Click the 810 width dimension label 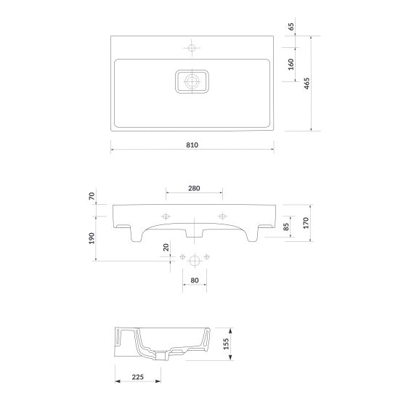(192, 145)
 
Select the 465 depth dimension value (307, 84)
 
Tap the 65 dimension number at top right (291, 26)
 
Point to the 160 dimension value (291, 64)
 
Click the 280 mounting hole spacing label (194, 188)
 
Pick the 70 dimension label (92, 196)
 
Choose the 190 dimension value (92, 238)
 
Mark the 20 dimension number (166, 247)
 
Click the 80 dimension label (195, 280)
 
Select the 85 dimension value (286, 227)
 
